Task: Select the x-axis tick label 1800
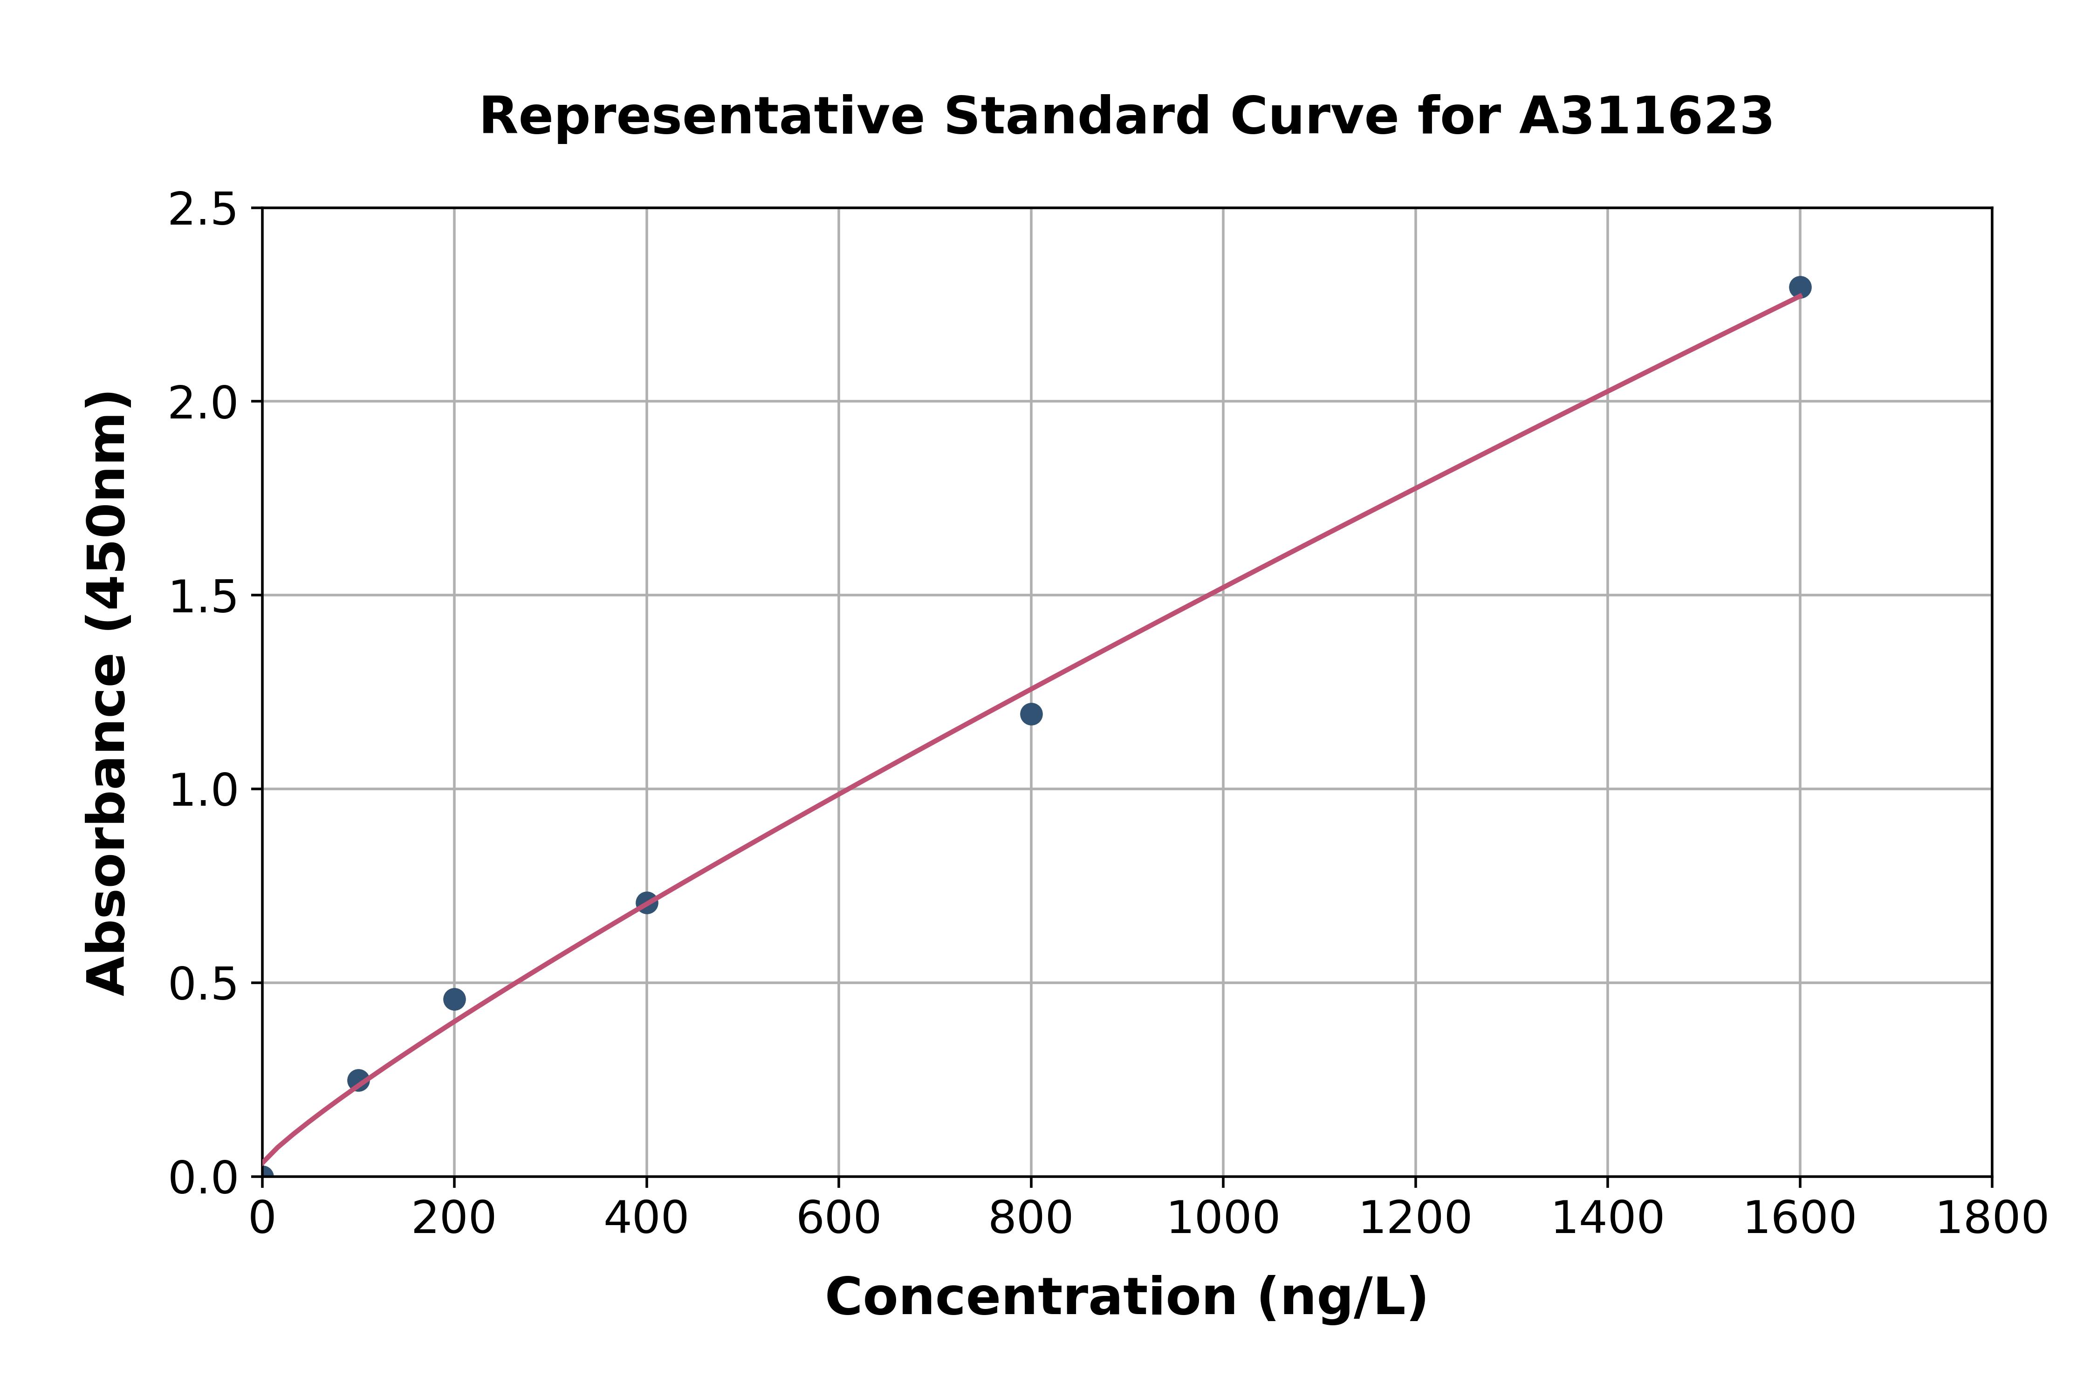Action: pyautogui.click(x=1991, y=1219)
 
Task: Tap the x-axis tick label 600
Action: pyautogui.click(x=838, y=1219)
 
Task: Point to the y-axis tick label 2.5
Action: pyautogui.click(x=203, y=210)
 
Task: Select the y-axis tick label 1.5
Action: pyautogui.click(x=203, y=596)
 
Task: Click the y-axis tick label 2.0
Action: pyautogui.click(x=203, y=404)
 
